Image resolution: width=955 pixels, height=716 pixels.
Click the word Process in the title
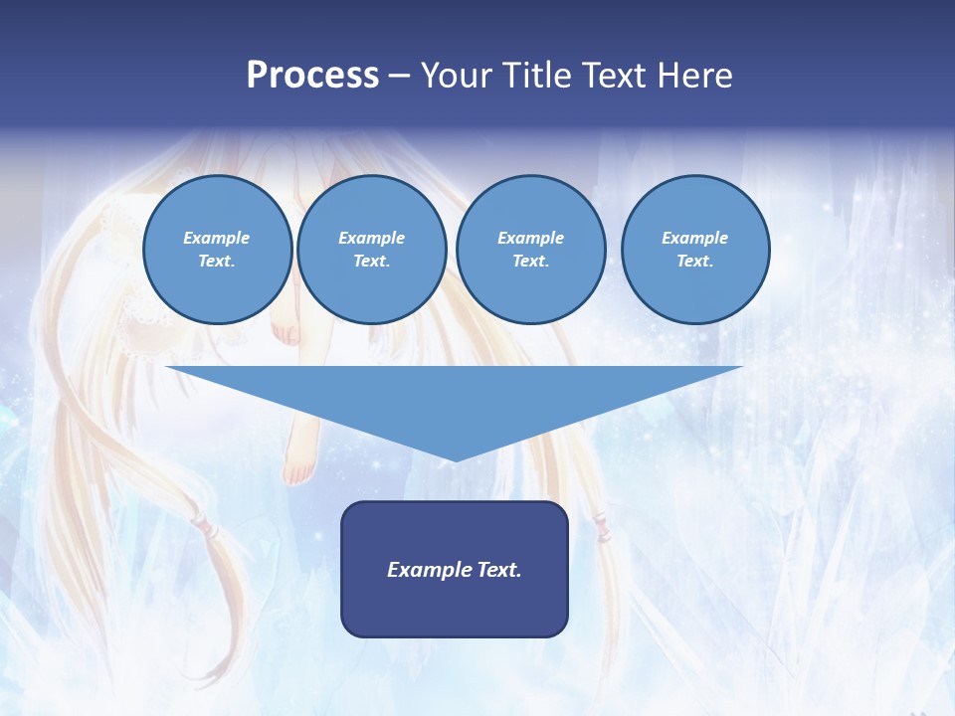(312, 76)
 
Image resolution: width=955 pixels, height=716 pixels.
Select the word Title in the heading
(541, 76)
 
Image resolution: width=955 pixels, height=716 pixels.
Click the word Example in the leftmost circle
(216, 238)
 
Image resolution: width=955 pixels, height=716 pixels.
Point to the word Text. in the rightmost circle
(694, 261)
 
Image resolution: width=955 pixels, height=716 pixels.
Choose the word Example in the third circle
(530, 238)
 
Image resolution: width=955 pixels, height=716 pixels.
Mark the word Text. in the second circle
(371, 261)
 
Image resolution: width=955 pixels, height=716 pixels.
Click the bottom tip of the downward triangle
(455, 458)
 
